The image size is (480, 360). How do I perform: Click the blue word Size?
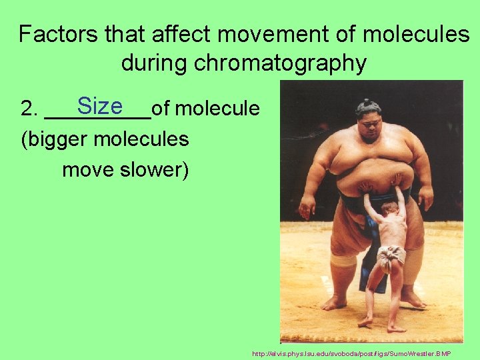point(100,106)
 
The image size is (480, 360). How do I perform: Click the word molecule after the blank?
point(219,108)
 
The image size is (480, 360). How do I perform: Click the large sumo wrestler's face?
point(368,126)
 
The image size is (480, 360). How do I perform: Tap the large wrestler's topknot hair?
point(367,105)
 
